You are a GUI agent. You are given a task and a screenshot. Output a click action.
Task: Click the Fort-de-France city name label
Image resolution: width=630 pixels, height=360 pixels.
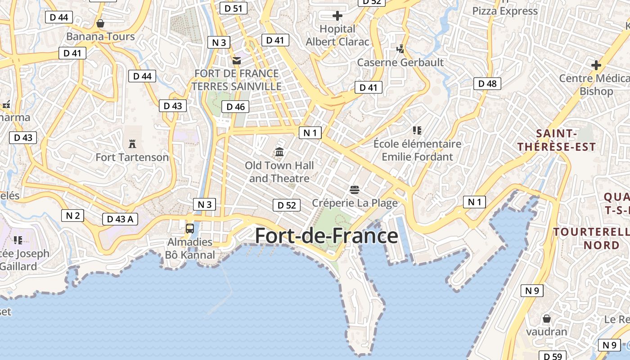click(x=326, y=236)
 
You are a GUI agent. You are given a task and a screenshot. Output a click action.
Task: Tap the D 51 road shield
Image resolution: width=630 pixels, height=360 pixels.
click(x=234, y=8)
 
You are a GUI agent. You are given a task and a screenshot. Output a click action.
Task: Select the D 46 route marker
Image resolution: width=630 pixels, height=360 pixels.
click(x=235, y=107)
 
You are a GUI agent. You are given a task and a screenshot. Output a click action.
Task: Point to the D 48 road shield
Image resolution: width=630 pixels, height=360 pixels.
click(x=487, y=83)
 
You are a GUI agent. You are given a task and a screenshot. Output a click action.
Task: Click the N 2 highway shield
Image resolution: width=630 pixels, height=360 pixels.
click(x=72, y=216)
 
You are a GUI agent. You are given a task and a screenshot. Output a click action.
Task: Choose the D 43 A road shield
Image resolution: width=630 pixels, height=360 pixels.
click(x=120, y=219)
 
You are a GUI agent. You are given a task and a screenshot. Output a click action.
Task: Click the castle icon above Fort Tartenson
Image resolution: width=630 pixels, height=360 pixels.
click(x=132, y=144)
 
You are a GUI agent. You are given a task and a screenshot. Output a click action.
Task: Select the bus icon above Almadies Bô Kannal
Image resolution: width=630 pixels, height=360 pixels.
click(x=190, y=228)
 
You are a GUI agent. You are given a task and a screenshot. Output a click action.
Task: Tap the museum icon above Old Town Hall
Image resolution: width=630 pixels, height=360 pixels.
click(x=279, y=152)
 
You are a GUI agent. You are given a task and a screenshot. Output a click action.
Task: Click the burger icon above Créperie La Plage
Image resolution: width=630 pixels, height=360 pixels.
click(x=355, y=189)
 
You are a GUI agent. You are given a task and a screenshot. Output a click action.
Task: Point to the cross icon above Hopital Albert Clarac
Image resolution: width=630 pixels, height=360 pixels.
click(x=337, y=16)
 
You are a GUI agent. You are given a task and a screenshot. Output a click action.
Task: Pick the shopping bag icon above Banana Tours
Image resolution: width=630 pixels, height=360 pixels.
click(x=100, y=23)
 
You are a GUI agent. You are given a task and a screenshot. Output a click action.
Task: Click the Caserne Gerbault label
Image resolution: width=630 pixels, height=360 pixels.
click(x=400, y=62)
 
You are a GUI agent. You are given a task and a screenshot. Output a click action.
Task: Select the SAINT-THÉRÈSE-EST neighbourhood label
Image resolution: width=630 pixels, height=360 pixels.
click(x=556, y=140)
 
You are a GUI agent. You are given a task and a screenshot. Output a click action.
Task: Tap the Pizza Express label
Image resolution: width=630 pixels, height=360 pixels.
click(x=505, y=11)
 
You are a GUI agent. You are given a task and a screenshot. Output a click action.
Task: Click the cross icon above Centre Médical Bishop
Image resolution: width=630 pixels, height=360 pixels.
click(x=596, y=65)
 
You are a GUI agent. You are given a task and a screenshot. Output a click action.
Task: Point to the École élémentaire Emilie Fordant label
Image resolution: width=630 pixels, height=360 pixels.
click(x=418, y=150)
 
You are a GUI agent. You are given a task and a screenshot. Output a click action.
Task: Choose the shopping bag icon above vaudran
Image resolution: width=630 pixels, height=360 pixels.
click(x=547, y=319)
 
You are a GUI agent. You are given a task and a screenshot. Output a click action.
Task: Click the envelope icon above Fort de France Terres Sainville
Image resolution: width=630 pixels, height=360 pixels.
click(x=237, y=60)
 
